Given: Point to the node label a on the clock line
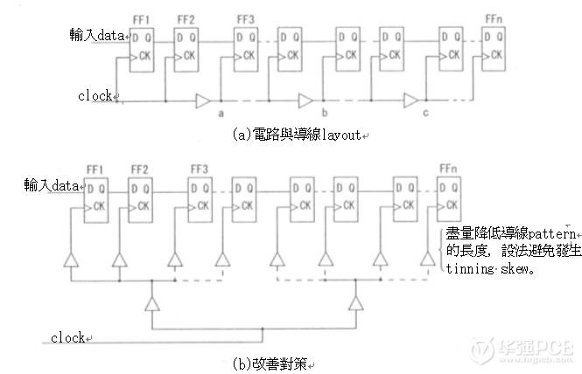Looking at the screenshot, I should coord(221,113).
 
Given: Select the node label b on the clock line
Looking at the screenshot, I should coord(324,113).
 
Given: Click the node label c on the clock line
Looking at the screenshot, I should coord(425,113).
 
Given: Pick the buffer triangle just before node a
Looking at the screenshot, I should coord(203,98).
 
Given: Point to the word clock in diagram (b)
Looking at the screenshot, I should coord(67,337).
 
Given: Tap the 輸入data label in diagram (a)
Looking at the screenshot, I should coord(98,36).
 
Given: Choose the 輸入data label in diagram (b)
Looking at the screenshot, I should coord(52,186).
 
